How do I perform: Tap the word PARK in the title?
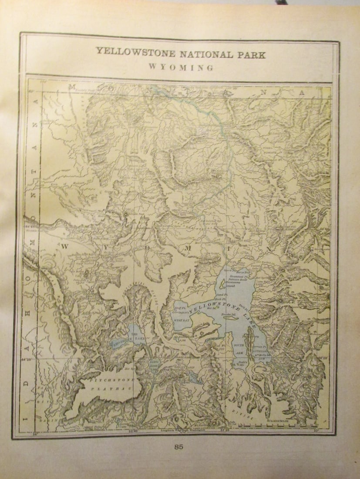(x=249, y=54)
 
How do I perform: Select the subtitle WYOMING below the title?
(x=180, y=67)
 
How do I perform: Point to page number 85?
(x=178, y=446)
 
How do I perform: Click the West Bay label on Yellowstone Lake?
(x=182, y=320)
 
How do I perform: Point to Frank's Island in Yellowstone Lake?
(x=229, y=314)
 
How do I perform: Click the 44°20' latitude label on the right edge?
(x=322, y=358)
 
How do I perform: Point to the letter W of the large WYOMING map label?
(x=64, y=247)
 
